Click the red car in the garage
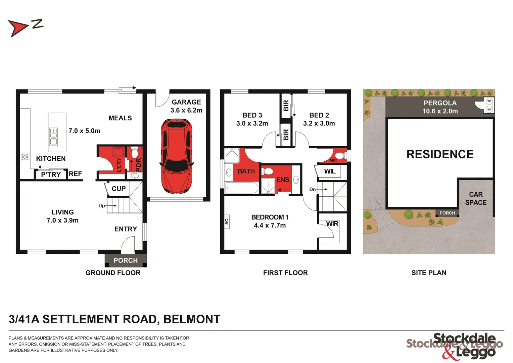pos(177,157)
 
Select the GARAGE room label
pos(186,102)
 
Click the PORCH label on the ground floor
pos(126,260)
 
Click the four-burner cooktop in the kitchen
pos(25,157)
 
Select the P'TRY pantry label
pos(51,175)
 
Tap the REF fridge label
pos(76,174)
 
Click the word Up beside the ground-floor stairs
pos(102,206)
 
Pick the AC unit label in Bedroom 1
pos(227,222)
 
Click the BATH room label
pos(246,171)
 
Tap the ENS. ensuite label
pos(283,180)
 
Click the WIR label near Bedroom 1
pos(332,224)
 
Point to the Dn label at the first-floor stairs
pos(313,190)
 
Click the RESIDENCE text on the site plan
pos(440,154)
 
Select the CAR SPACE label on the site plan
pos(476,199)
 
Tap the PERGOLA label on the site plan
pos(440,103)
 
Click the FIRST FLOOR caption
pos(285,273)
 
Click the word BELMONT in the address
pos(192,319)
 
